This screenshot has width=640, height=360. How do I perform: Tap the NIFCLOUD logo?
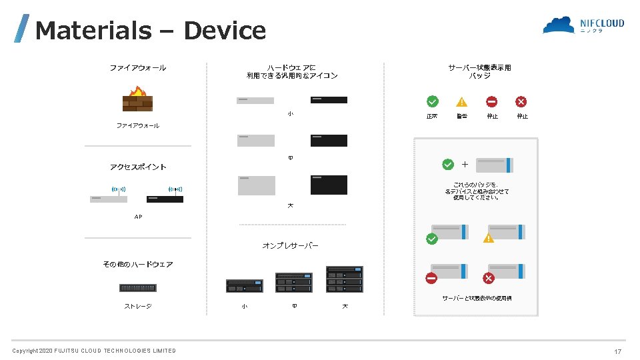coord(583,25)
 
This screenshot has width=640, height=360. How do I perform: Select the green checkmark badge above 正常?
coord(433,101)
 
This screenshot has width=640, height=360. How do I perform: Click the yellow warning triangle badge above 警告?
coord(461,102)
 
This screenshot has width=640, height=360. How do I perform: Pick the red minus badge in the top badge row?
coord(491,101)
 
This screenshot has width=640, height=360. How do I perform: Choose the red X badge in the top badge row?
coord(521,101)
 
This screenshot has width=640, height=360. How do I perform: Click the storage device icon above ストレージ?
coord(138,288)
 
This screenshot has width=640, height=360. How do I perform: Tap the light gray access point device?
coord(108,198)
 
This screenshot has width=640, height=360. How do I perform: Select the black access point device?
coord(165,198)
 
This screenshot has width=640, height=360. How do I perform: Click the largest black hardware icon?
coord(329,185)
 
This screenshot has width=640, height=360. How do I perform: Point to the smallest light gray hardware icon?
coord(255,100)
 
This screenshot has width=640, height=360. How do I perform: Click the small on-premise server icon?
coord(245,285)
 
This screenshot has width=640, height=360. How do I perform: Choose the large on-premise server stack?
coord(345,279)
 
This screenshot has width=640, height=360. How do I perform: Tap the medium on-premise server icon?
coord(294,282)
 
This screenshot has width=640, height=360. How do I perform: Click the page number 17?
coord(618,351)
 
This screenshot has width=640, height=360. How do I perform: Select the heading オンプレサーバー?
coord(290,246)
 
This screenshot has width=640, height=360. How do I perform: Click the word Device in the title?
coord(225,31)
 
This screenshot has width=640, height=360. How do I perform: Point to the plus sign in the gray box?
coord(465,164)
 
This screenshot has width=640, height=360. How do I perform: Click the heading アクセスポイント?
coord(138,167)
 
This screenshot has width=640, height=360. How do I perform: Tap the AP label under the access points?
coord(138,217)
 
